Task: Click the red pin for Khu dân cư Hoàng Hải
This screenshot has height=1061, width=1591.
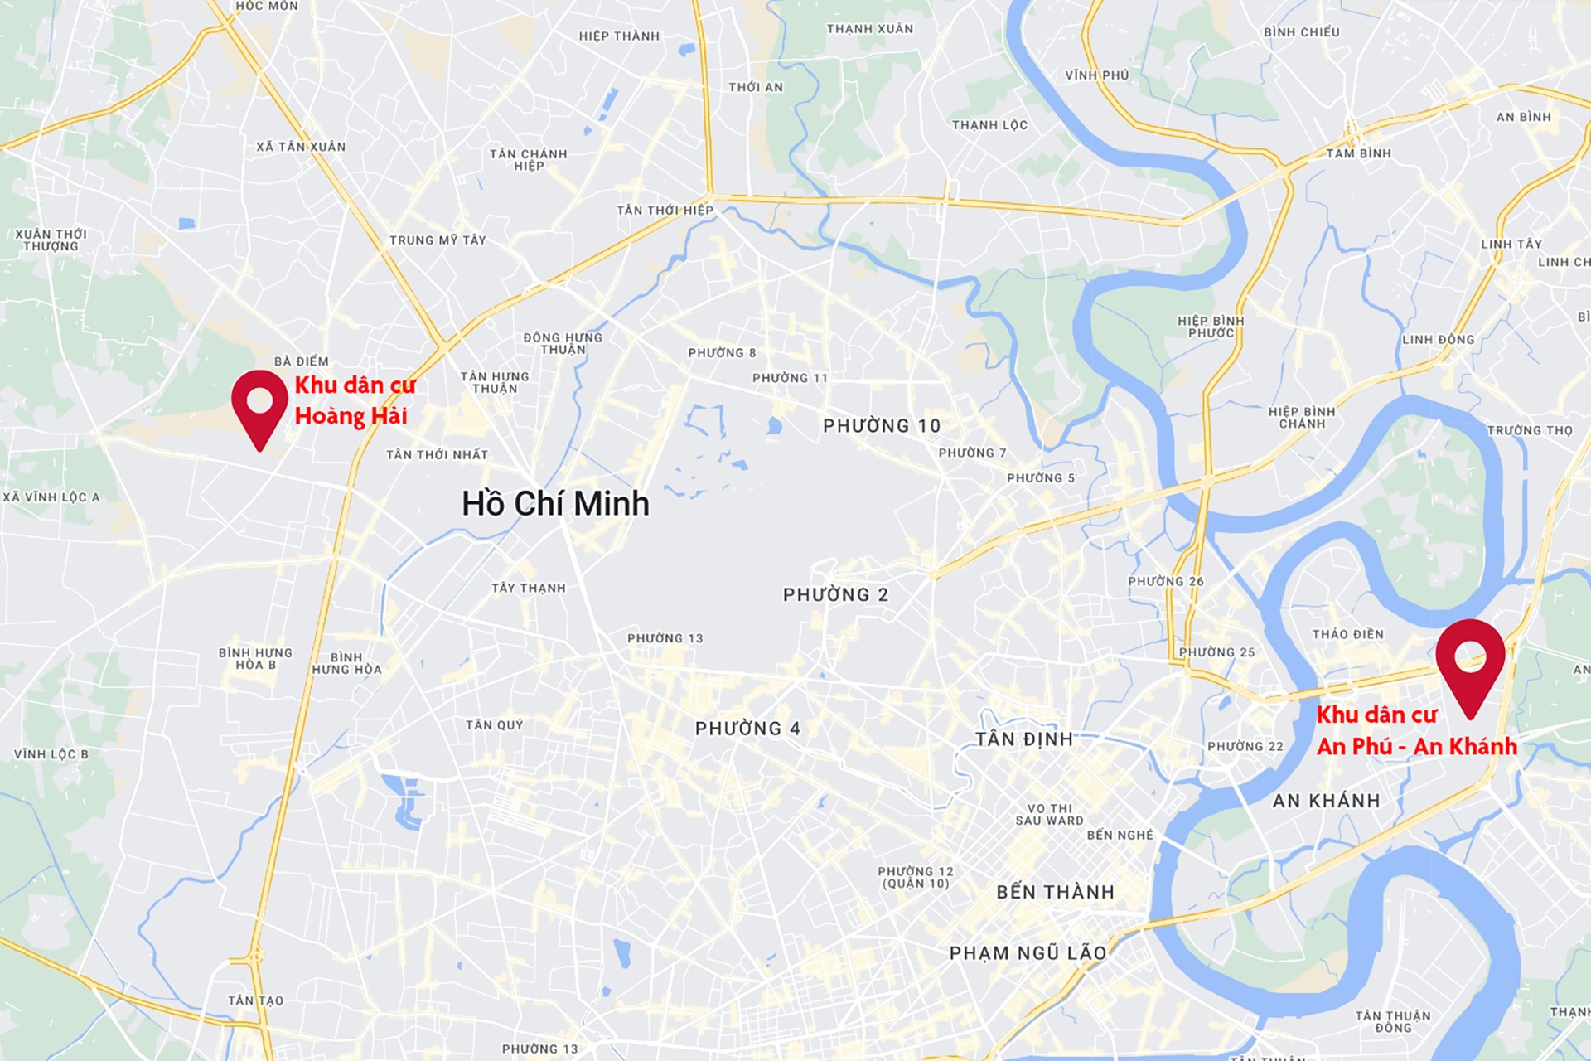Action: [259, 405]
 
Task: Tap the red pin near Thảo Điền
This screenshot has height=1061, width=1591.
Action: [1470, 659]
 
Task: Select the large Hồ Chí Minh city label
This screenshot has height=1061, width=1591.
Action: [555, 504]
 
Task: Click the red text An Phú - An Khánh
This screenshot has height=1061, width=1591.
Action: [1417, 747]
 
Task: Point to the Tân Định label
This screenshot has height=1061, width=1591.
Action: [1024, 739]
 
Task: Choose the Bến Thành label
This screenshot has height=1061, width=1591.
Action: [1055, 892]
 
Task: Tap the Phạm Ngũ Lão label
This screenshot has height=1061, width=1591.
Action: [1028, 953]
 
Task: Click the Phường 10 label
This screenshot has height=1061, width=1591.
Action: [882, 426]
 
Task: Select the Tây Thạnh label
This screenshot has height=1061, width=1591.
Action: [529, 589]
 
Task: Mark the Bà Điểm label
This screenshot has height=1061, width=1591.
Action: [302, 361]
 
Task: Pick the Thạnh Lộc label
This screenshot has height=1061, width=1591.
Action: [989, 125]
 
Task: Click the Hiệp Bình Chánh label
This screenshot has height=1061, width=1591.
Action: [1302, 418]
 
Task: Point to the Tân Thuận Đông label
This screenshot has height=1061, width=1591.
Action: [1393, 1021]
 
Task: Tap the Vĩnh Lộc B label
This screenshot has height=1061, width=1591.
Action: [51, 754]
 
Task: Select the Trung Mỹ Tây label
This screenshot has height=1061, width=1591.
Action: [438, 240]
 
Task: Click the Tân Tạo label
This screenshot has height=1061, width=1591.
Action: [256, 1000]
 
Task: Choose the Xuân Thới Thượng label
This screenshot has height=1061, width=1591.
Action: [51, 240]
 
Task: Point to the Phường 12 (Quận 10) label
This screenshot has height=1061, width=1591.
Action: [916, 877]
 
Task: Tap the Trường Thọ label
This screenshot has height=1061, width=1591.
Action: [1530, 430]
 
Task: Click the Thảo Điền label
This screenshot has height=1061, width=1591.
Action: [1347, 634]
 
